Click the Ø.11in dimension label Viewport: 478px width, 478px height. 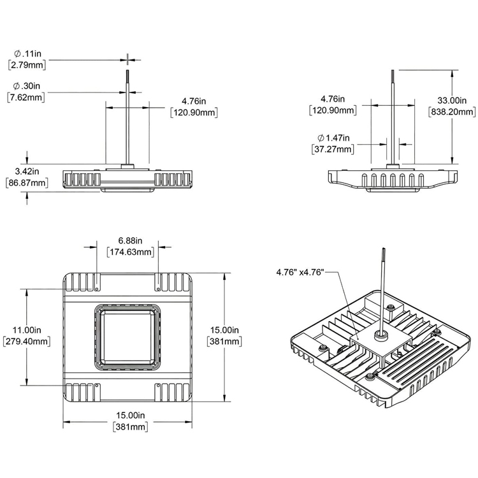(27, 54)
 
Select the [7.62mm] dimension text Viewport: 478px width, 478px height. (26, 97)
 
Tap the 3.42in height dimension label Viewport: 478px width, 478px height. (26, 171)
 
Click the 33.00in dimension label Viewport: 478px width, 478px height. (456, 100)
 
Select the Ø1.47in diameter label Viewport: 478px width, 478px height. (335, 138)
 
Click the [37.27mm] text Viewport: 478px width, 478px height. (334, 149)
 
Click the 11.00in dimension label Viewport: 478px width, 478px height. (27, 330)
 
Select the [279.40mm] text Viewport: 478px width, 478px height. (27, 342)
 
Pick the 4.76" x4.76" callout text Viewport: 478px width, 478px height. (300, 272)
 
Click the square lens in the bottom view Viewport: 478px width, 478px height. (127, 335)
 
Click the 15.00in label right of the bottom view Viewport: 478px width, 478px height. (225, 330)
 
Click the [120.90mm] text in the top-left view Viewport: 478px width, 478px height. (194, 112)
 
